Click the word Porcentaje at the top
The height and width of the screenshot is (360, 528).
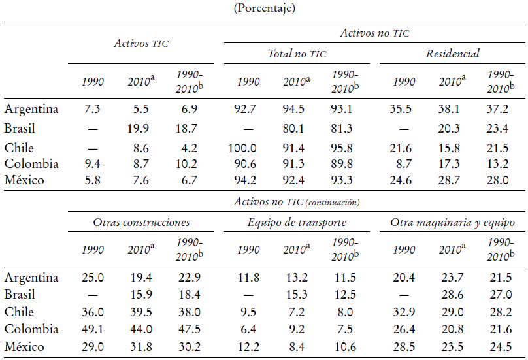[263, 9]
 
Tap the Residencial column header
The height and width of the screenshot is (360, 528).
[452, 54]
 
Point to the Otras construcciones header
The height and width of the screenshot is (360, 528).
[141, 223]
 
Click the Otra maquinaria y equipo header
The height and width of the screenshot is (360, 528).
[452, 223]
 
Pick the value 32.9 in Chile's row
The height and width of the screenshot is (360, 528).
[403, 312]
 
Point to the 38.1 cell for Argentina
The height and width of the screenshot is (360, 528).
[452, 109]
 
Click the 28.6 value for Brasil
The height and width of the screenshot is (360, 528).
[452, 295]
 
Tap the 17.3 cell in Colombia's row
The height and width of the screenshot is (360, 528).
[452, 163]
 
